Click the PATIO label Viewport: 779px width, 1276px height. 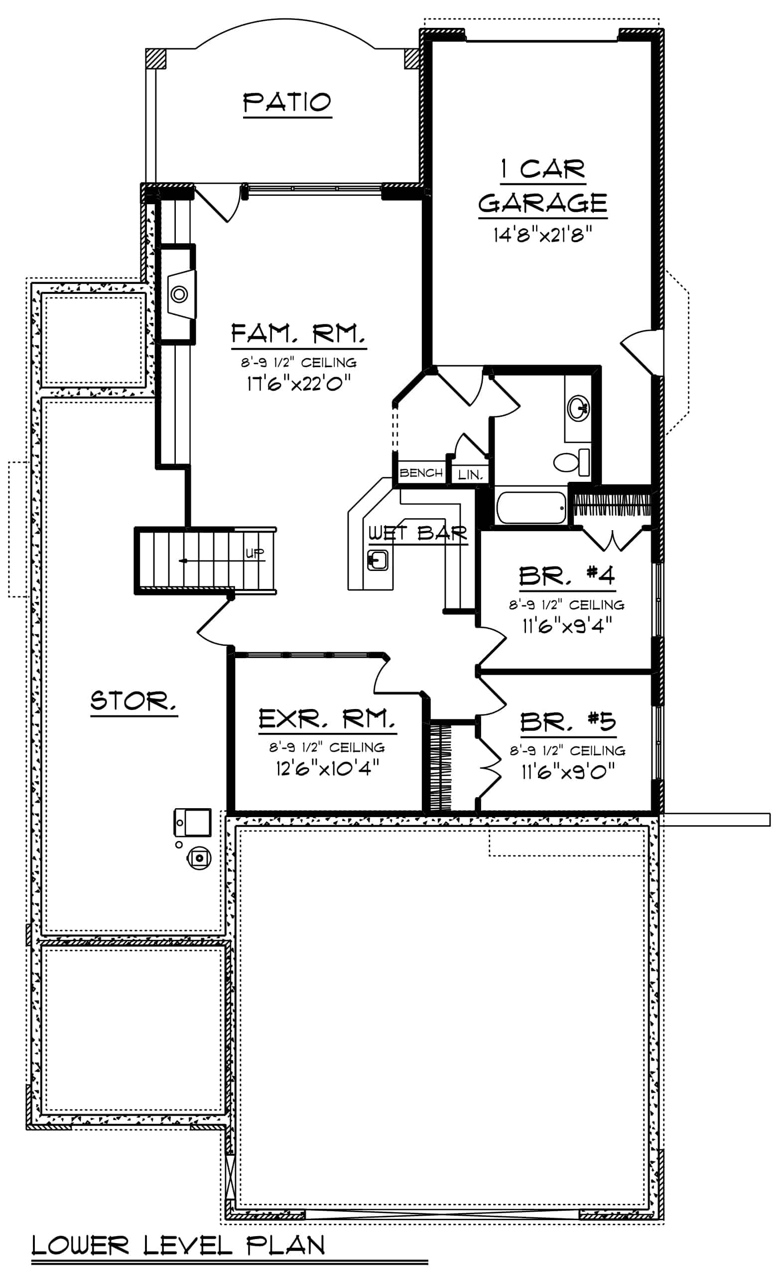coord(287,103)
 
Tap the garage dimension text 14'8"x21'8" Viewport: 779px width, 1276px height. coord(542,236)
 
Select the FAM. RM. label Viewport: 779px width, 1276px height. coord(298,333)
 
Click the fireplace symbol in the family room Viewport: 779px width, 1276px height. coord(179,294)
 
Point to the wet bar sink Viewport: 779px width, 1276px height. coord(378,561)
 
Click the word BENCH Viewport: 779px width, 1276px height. coord(421,473)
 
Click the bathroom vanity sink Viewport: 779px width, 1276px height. coord(578,408)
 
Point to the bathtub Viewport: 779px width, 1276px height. coord(531,508)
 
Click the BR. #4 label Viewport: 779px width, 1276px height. coord(567,575)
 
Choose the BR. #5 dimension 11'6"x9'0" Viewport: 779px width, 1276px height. coord(568,772)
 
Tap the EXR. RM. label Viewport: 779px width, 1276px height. coord(327,719)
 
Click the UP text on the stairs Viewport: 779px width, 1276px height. coord(254,553)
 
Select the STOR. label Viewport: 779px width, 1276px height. coord(133,701)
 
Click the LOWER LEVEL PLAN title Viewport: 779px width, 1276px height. coord(179,1245)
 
